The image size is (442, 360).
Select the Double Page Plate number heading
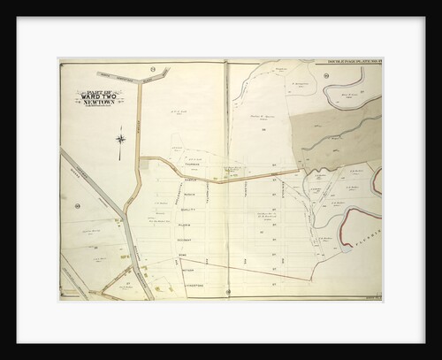350,61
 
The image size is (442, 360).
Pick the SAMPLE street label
188,180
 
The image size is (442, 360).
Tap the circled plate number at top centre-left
153,68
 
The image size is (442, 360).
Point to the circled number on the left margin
78,206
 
